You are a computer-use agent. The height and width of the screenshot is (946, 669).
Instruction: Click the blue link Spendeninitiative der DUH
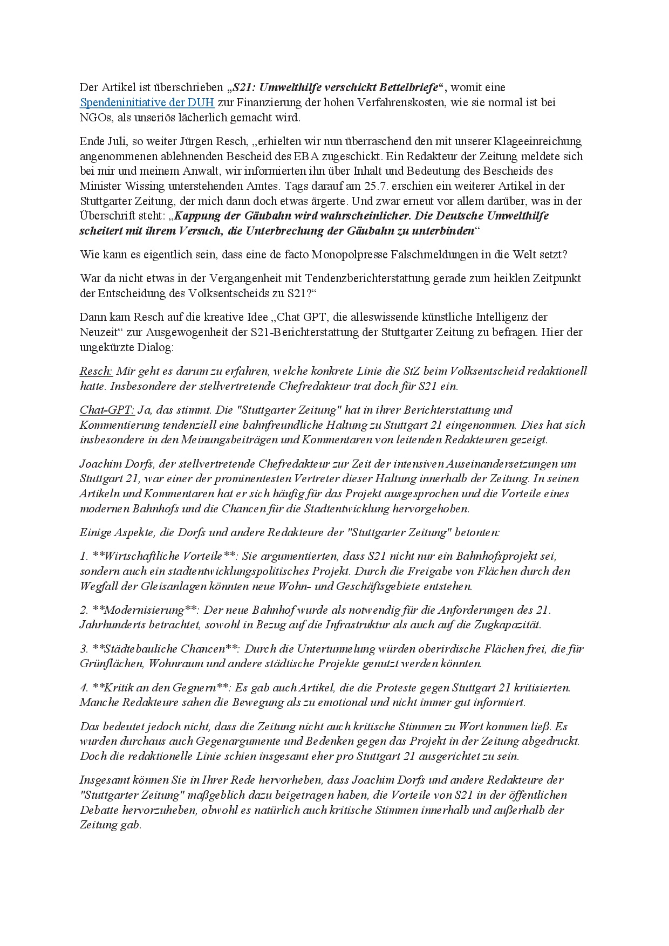pyautogui.click(x=147, y=102)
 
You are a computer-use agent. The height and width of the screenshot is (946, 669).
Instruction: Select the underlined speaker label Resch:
pyautogui.click(x=95, y=372)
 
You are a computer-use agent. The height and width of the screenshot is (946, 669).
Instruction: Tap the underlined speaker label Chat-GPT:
pyautogui.click(x=107, y=410)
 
